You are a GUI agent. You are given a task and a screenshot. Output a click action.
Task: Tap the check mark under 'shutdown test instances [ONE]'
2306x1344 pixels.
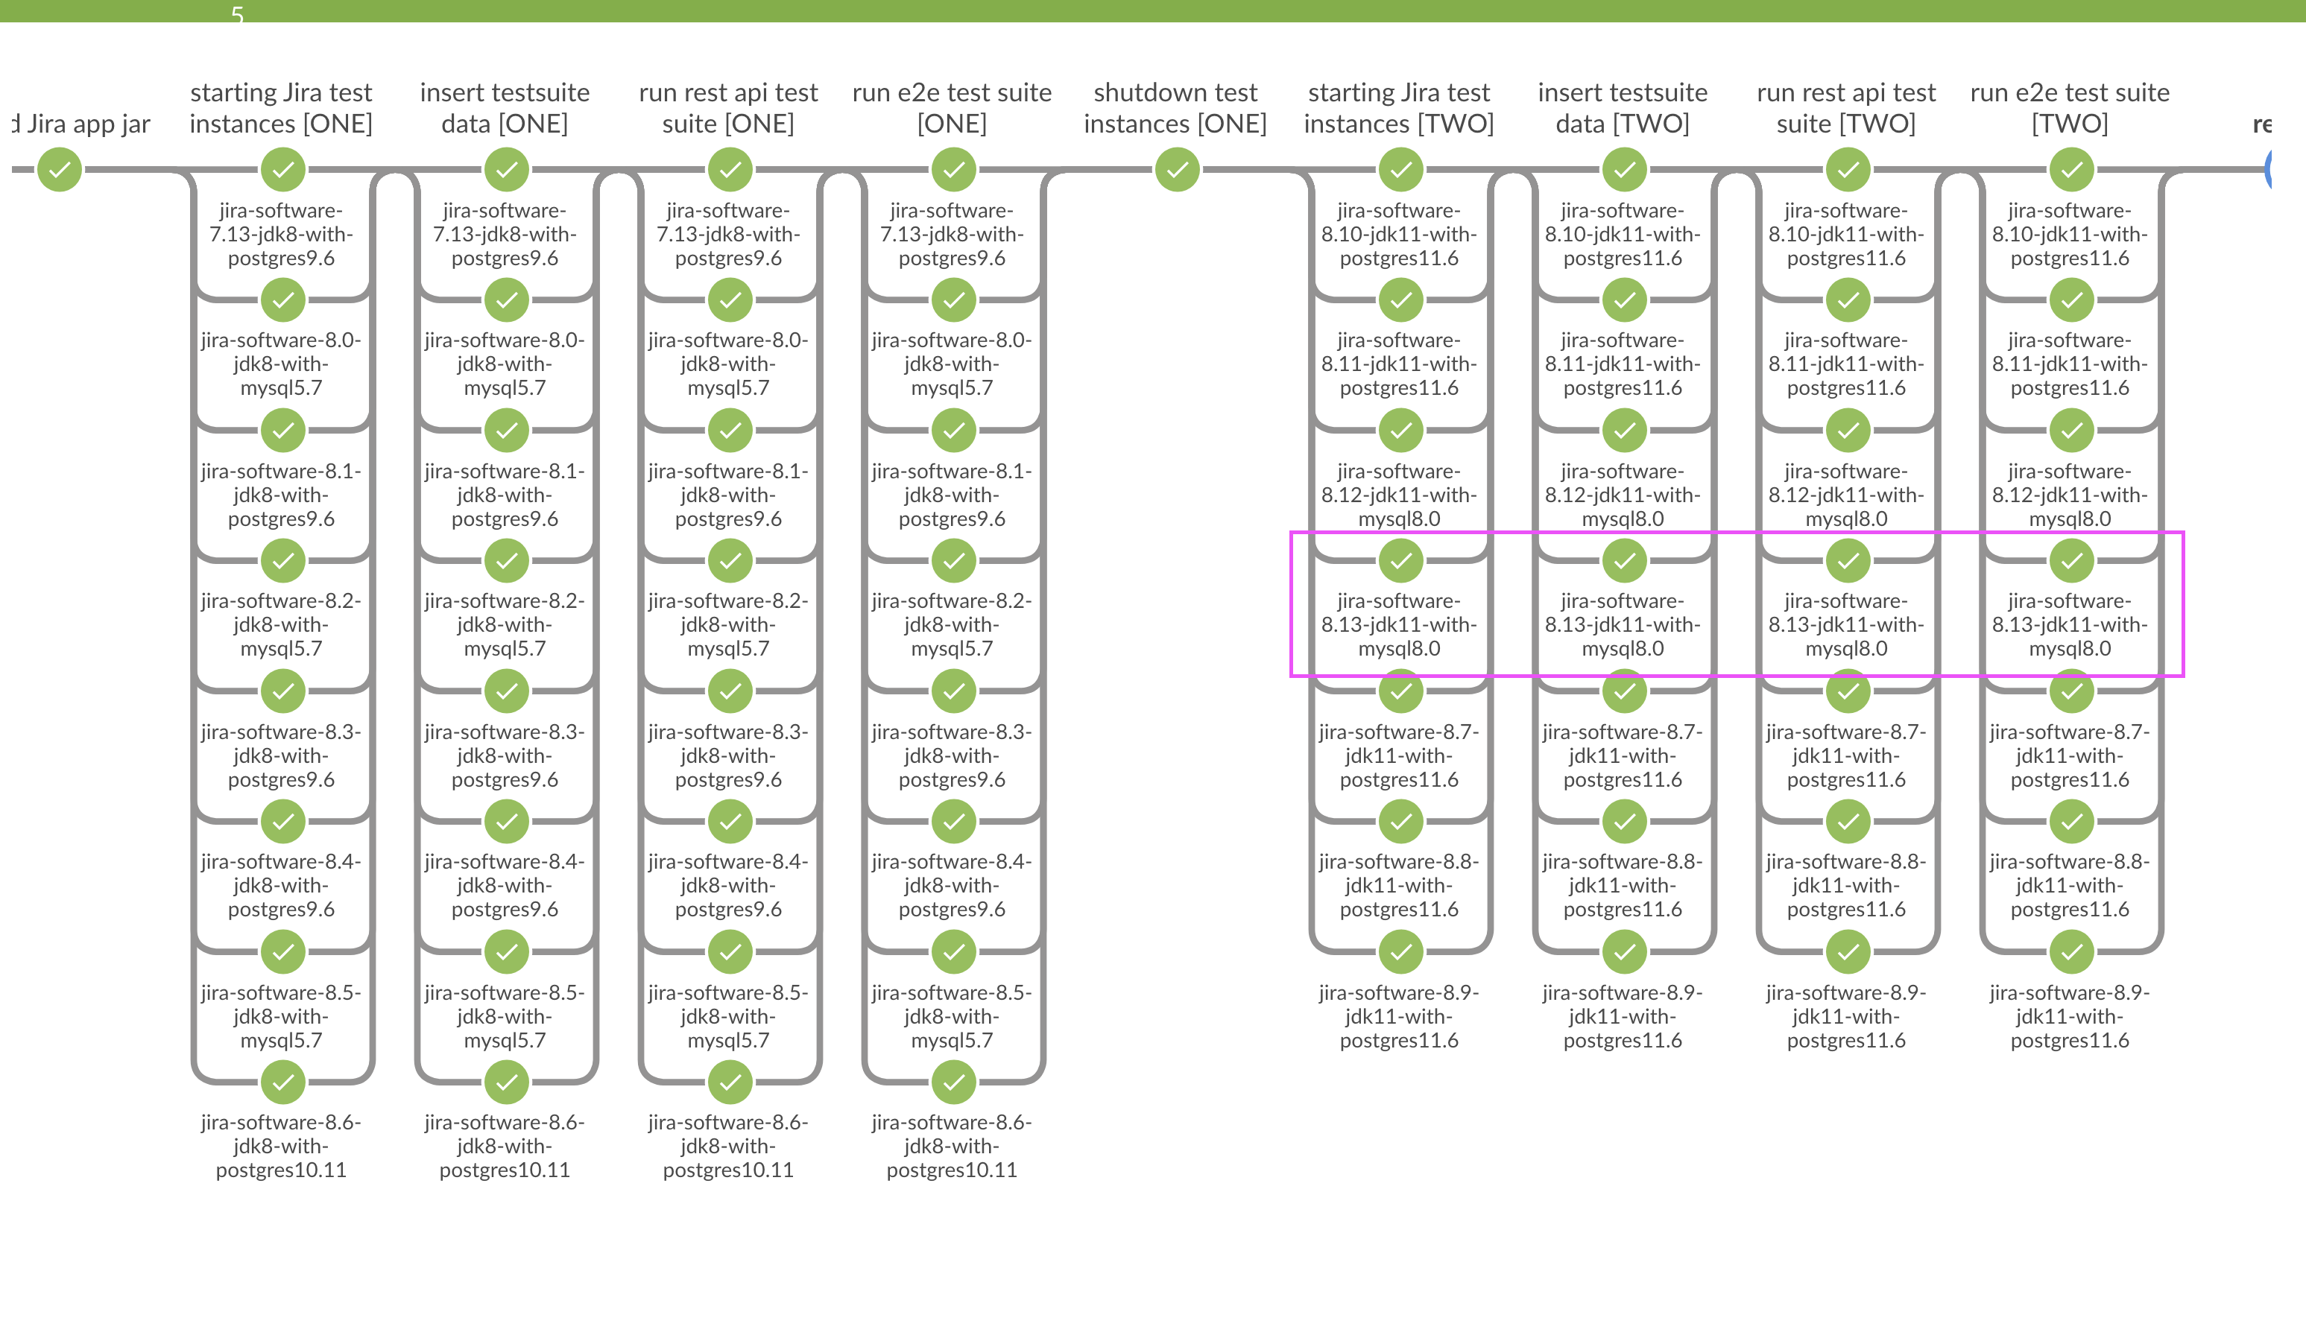1177,170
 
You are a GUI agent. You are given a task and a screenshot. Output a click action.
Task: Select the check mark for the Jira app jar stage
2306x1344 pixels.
60,170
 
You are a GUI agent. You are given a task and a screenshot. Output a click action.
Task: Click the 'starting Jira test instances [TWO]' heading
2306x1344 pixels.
1398,108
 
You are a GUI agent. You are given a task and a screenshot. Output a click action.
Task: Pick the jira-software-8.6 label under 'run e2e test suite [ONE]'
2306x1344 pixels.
952,1146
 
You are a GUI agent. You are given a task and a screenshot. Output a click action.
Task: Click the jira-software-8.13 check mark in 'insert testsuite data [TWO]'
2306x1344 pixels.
1624,561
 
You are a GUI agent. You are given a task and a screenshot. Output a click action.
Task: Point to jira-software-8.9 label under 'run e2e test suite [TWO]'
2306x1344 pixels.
2069,1015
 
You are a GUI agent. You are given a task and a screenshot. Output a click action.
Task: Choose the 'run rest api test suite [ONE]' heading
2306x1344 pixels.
728,108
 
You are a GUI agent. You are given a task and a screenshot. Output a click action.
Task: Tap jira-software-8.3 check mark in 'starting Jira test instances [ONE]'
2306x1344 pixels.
282,691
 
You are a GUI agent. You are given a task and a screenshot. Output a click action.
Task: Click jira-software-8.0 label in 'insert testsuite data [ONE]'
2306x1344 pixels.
505,364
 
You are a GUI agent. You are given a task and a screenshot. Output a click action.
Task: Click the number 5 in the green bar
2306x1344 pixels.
237,13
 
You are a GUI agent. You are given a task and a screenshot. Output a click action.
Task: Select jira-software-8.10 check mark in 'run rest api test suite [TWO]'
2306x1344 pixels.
1848,170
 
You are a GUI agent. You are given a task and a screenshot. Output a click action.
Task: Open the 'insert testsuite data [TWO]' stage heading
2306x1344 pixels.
1623,108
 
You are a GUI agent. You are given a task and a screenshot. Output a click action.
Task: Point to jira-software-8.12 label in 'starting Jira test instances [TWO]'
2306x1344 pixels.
1398,495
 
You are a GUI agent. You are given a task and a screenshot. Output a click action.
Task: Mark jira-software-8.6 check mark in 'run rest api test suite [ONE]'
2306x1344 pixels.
730,1083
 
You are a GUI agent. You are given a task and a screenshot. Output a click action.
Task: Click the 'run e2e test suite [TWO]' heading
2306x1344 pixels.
2069,108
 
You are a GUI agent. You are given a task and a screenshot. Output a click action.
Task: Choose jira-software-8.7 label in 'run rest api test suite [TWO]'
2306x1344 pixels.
1845,755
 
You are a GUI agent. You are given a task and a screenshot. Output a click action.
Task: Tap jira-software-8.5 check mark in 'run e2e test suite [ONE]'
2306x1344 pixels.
953,951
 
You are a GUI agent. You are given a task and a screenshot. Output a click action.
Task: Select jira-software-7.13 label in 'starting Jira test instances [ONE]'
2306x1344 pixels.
281,234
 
